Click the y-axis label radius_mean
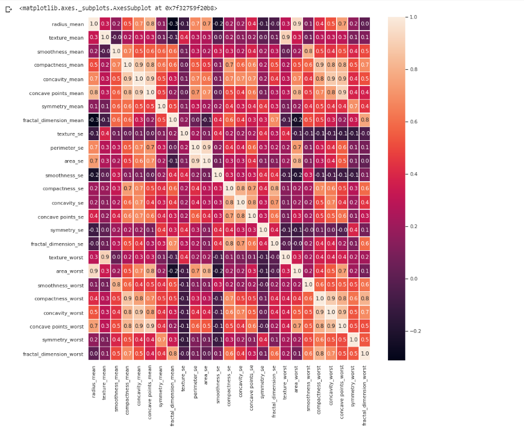[x=67, y=23]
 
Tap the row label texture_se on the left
[x=70, y=134]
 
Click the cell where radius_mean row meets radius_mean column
[x=93, y=23]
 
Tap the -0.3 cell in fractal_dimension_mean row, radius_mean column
[x=93, y=120]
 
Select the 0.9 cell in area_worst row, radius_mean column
[x=93, y=271]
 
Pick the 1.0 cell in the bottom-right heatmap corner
[x=364, y=353]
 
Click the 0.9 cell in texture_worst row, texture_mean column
[x=105, y=257]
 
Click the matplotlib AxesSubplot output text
[x=118, y=8]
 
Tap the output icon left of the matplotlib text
[x=8, y=9]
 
